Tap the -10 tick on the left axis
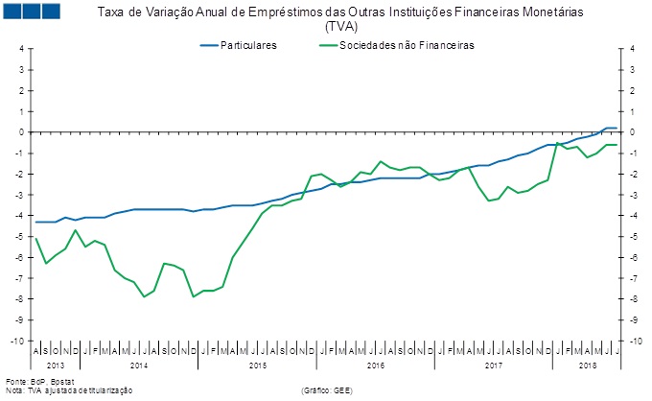(17, 341)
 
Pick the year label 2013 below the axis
(56, 366)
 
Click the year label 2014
(138, 366)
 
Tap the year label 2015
(257, 366)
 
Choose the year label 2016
(375, 366)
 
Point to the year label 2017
(493, 366)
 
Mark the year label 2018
(587, 366)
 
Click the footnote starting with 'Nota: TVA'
(67, 390)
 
